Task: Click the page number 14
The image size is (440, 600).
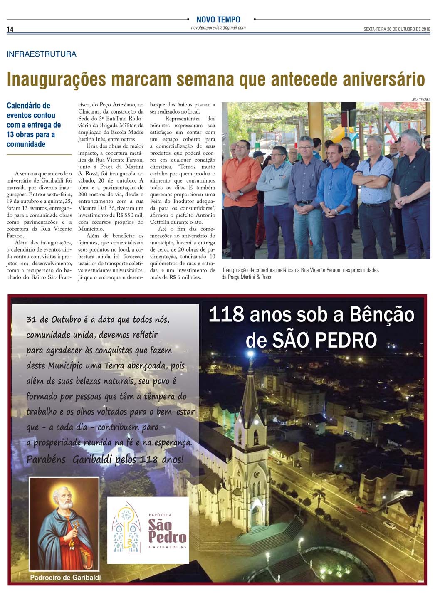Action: (x=10, y=29)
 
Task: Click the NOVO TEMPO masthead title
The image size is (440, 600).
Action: (x=218, y=20)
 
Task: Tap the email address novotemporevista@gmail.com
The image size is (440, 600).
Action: (x=218, y=28)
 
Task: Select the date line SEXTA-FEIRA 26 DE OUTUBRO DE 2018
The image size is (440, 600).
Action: (x=397, y=29)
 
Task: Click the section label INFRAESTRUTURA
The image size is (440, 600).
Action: (x=42, y=54)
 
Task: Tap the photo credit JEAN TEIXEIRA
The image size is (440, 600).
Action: (x=421, y=100)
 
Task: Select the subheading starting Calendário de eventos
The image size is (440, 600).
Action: (x=33, y=125)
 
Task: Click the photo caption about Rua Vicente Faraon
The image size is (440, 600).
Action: (x=300, y=273)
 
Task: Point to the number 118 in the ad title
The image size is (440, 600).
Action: (x=226, y=315)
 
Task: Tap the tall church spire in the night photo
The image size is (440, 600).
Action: (x=251, y=387)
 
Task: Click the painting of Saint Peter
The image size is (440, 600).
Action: (x=64, y=524)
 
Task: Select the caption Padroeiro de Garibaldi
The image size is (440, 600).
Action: (x=65, y=577)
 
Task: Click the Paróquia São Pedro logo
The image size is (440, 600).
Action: (x=148, y=530)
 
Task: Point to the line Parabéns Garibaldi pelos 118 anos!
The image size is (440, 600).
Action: (x=105, y=459)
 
